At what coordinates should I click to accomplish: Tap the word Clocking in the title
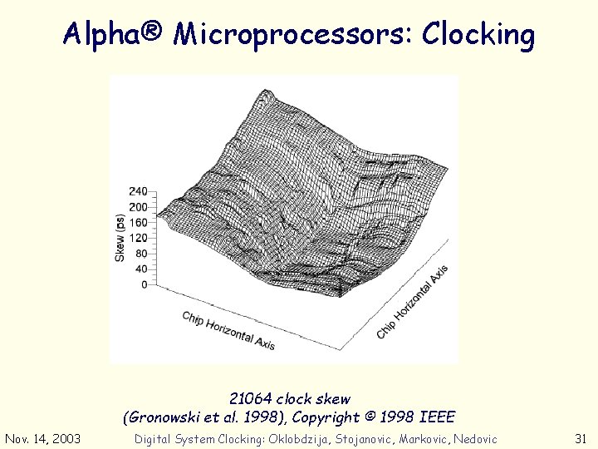point(478,34)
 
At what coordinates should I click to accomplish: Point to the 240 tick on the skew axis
point(137,191)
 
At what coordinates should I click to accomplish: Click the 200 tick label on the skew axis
point(137,207)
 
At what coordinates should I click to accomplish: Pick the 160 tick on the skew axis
point(137,222)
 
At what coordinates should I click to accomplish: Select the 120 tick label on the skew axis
point(137,238)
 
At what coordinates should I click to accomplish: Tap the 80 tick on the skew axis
point(140,254)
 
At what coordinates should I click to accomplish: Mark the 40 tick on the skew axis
point(140,269)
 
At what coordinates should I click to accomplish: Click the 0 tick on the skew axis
point(143,284)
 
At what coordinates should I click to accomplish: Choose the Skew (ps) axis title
point(120,238)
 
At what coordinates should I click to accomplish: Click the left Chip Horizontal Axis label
point(228,330)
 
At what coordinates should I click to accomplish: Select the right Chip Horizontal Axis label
point(413,301)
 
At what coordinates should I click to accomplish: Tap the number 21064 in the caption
point(251,399)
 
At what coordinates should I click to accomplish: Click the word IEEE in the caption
point(436,417)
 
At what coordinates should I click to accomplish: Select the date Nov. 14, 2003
point(42,439)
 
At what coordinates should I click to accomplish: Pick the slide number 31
point(581,439)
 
